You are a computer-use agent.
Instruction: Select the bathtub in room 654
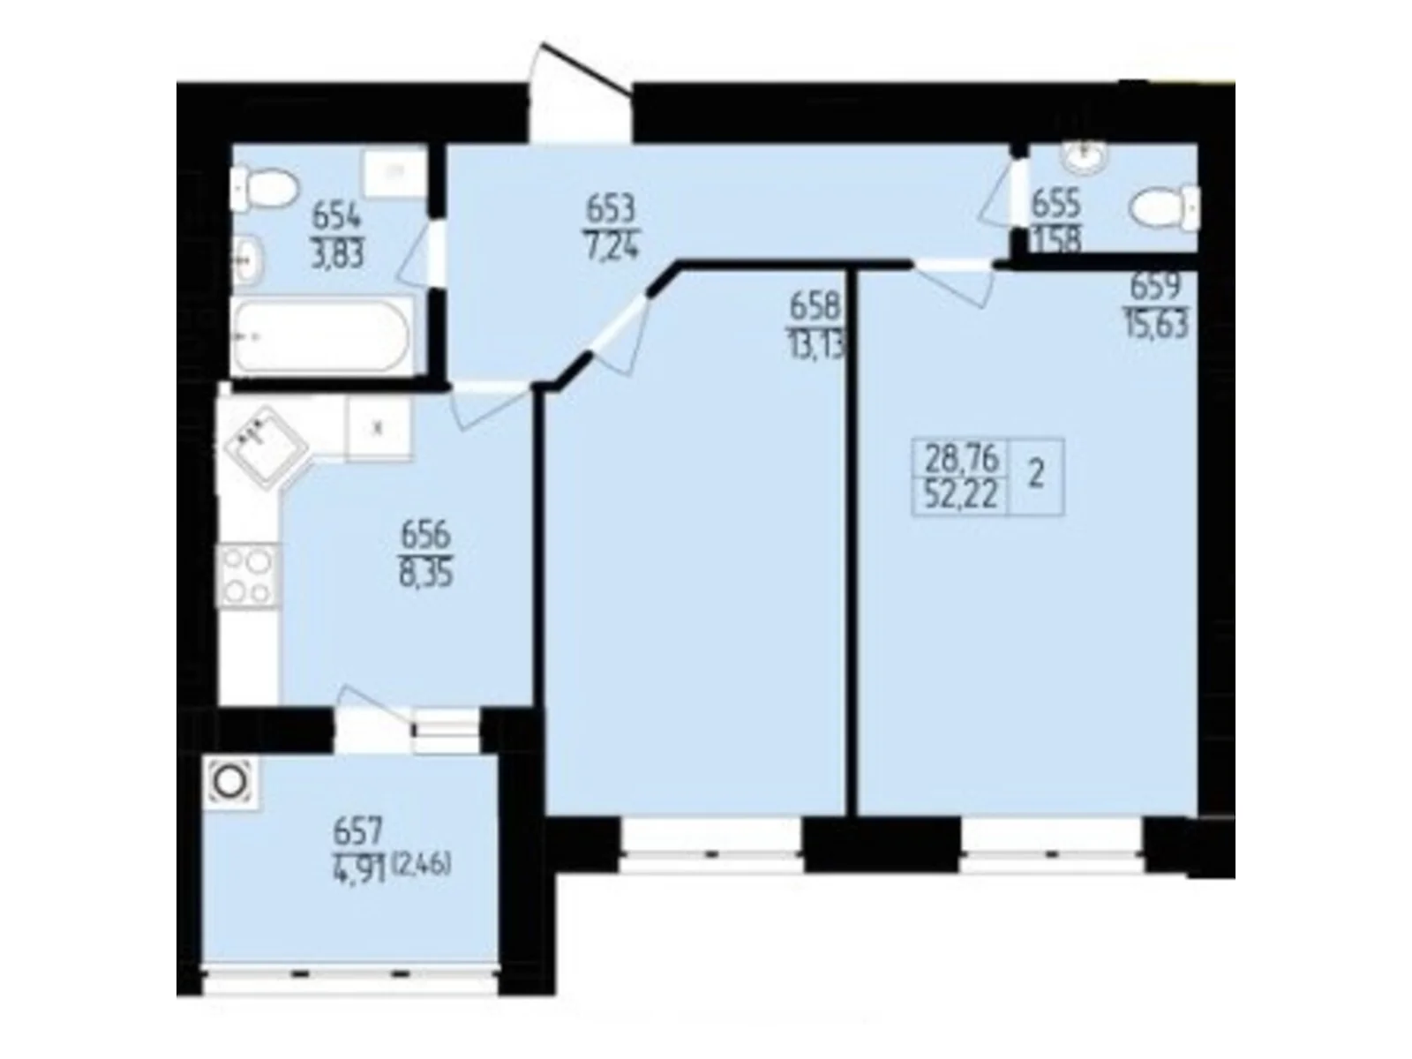click(x=321, y=335)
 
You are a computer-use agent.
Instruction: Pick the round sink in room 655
click(x=1083, y=158)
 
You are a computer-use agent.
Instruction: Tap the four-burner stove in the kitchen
click(x=247, y=576)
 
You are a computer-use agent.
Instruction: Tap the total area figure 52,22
click(x=961, y=497)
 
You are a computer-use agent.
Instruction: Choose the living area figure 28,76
click(x=961, y=459)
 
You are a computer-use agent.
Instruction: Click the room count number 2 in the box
click(x=1037, y=477)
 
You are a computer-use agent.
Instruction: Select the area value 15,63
click(x=1156, y=324)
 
